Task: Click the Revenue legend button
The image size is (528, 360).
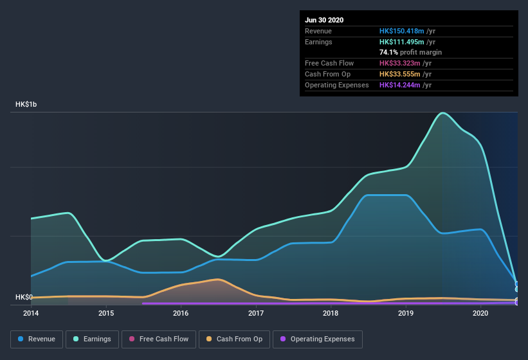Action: pyautogui.click(x=37, y=339)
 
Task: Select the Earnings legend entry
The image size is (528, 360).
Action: pyautogui.click(x=92, y=339)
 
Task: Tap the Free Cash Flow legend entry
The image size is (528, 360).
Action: pyautogui.click(x=159, y=339)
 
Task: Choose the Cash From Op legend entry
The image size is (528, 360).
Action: pyautogui.click(x=234, y=339)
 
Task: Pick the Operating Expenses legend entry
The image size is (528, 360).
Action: pyautogui.click(x=317, y=339)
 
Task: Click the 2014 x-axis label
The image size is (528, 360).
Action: pyautogui.click(x=31, y=313)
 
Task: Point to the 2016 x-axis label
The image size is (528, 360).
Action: pyautogui.click(x=181, y=313)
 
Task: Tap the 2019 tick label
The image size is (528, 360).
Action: pyautogui.click(x=406, y=313)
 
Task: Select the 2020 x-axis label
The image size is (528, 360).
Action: pyautogui.click(x=480, y=313)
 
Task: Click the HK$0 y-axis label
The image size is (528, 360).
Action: pyautogui.click(x=24, y=297)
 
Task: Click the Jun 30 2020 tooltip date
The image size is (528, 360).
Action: pyautogui.click(x=324, y=20)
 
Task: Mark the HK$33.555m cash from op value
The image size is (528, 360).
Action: pyautogui.click(x=400, y=74)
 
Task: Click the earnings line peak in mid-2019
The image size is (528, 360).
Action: pyautogui.click(x=442, y=113)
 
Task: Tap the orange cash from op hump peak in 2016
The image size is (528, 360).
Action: pyautogui.click(x=218, y=279)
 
